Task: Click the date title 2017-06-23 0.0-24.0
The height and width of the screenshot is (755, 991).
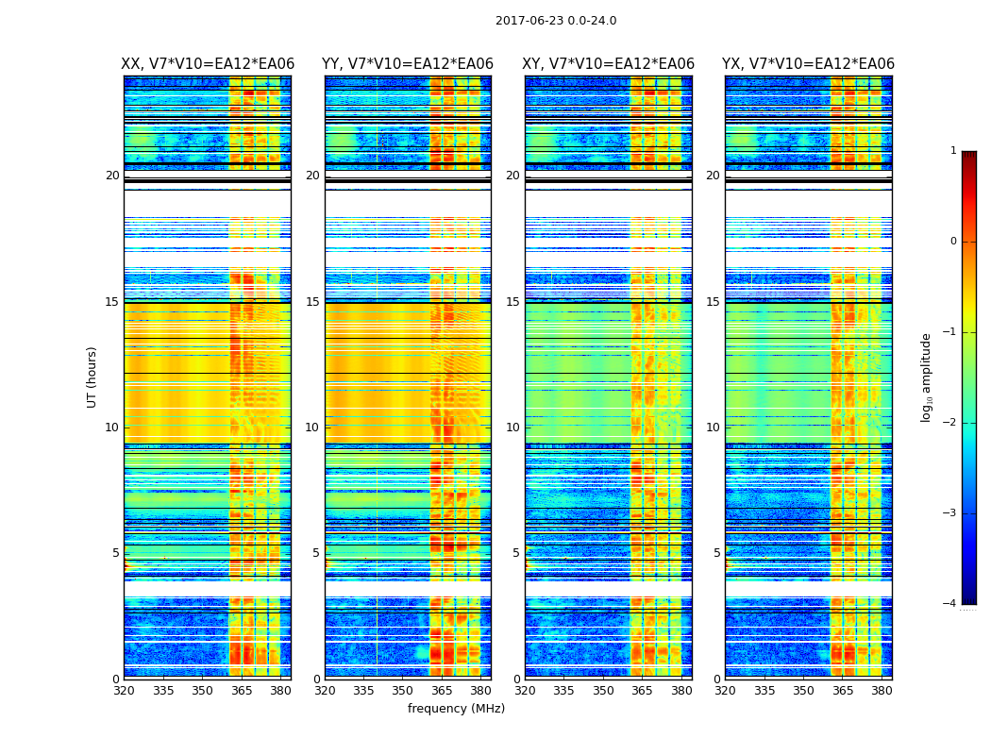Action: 556,21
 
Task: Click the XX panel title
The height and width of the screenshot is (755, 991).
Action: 208,64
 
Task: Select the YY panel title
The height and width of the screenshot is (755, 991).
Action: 408,64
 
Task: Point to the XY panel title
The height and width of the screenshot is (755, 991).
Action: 609,64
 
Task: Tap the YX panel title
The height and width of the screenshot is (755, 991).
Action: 808,64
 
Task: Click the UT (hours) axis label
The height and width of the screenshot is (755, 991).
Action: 92,377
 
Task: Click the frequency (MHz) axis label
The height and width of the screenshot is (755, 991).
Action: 456,709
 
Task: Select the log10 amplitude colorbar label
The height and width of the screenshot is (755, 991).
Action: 927,377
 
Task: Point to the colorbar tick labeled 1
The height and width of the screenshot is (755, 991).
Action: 953,151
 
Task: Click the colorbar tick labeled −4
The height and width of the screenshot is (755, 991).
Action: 950,604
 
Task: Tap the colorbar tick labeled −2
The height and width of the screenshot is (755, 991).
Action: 950,423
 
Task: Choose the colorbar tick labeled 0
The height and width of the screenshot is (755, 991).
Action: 953,242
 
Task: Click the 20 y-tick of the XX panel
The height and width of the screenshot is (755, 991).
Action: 112,176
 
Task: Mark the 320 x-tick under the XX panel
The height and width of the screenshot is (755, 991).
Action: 124,691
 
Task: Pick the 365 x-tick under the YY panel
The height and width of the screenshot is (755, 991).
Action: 442,691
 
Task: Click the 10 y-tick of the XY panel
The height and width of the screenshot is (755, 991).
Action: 512,428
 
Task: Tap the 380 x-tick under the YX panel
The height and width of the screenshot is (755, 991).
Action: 882,691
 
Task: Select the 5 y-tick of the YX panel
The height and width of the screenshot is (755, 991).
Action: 716,553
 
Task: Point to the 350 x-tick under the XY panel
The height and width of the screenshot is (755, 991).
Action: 603,691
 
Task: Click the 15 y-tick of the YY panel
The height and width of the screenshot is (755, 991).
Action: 312,302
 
